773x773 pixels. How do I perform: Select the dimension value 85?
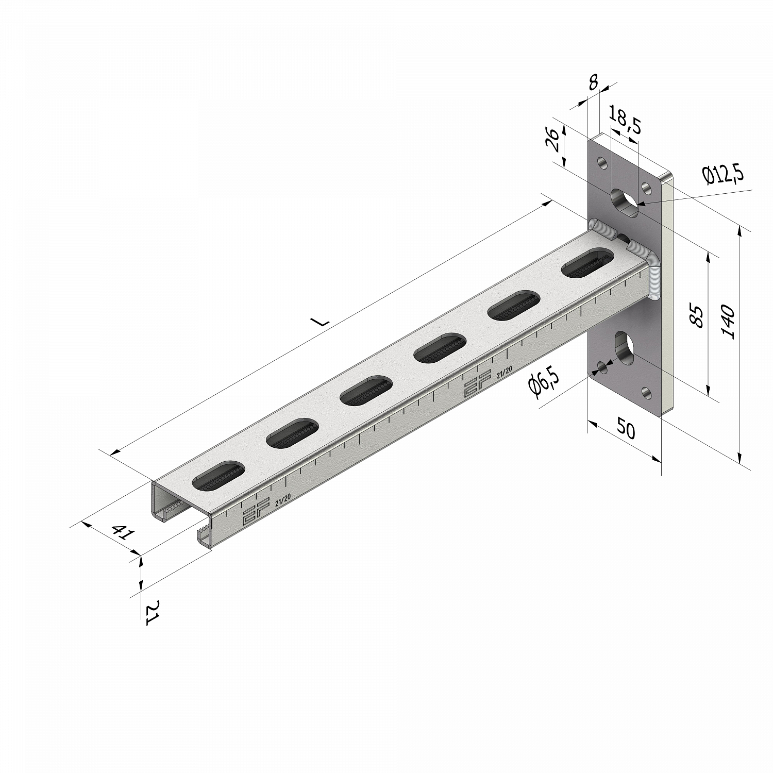696,316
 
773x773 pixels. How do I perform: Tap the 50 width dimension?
626,429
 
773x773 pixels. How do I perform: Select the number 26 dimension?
552,139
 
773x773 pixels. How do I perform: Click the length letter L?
322,322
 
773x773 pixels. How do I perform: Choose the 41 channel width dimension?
120,532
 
